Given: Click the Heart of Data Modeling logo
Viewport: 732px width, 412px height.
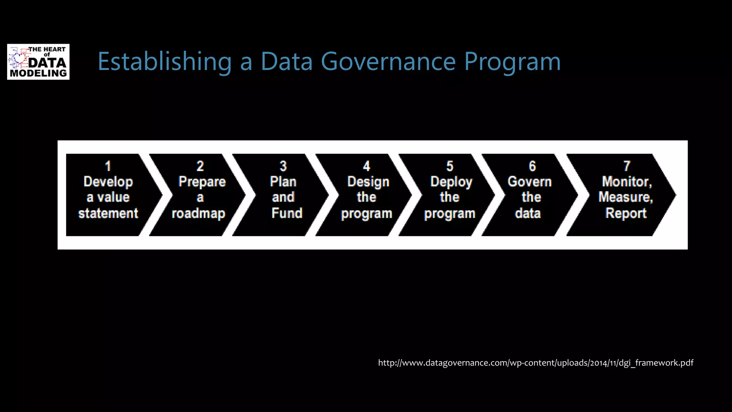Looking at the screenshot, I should pyautogui.click(x=38, y=62).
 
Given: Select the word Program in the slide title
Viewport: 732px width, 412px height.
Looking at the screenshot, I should pyautogui.click(x=512, y=62).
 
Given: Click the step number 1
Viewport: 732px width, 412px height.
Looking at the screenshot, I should pyautogui.click(x=108, y=166).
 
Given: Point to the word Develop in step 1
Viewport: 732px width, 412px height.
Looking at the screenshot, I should pyautogui.click(x=108, y=182).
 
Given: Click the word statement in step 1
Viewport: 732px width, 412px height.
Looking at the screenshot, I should pyautogui.click(x=108, y=213).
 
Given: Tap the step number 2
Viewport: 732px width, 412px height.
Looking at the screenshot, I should pyautogui.click(x=200, y=166).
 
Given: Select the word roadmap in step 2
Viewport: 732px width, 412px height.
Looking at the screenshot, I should pyautogui.click(x=199, y=214).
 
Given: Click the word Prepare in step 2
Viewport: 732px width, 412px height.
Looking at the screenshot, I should pyautogui.click(x=202, y=182).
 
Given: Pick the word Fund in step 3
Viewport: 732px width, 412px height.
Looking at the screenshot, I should pyautogui.click(x=287, y=213).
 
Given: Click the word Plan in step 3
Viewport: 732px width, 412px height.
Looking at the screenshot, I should pyautogui.click(x=283, y=181).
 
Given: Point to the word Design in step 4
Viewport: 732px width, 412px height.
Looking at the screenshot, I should pyautogui.click(x=368, y=182).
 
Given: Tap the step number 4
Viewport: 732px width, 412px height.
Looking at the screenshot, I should pyautogui.click(x=367, y=166).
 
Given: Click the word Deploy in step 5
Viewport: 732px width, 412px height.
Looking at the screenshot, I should pyautogui.click(x=451, y=182).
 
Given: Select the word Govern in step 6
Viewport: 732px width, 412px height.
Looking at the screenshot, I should pyautogui.click(x=530, y=182).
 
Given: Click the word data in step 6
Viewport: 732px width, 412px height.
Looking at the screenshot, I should pyautogui.click(x=528, y=213).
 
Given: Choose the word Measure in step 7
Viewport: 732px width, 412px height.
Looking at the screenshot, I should pyautogui.click(x=625, y=197).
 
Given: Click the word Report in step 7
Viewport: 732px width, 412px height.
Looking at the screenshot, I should pyautogui.click(x=626, y=213).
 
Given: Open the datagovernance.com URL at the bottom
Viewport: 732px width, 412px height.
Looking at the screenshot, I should pyautogui.click(x=535, y=363).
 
